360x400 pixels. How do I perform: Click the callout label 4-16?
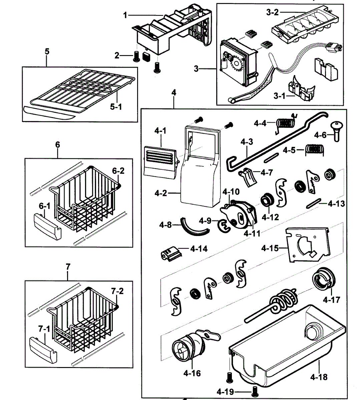192,373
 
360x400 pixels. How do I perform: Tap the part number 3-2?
272,13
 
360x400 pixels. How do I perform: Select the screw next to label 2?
136,56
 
